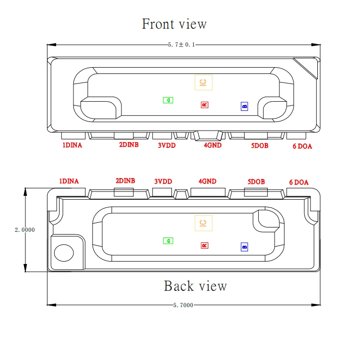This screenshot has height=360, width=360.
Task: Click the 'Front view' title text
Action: (174, 24)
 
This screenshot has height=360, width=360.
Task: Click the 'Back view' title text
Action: (195, 286)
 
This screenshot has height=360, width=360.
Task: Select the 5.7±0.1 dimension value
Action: (181, 45)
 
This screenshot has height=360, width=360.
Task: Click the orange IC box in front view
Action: (203, 83)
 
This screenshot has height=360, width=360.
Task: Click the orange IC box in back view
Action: (203, 223)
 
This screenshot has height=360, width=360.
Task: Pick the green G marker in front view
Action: (168, 100)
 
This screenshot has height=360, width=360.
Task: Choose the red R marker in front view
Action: (204, 104)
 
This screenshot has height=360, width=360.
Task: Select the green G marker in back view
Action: (168, 240)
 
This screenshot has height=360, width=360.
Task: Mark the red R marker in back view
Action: (204, 245)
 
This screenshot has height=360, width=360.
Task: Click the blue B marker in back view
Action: (244, 247)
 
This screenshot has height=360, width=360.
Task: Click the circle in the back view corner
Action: (63, 253)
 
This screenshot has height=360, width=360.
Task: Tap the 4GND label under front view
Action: (213, 145)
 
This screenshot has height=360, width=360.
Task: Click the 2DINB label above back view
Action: (125, 181)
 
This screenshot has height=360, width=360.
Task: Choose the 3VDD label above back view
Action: (163, 182)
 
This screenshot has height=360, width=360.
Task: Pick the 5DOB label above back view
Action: (256, 182)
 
